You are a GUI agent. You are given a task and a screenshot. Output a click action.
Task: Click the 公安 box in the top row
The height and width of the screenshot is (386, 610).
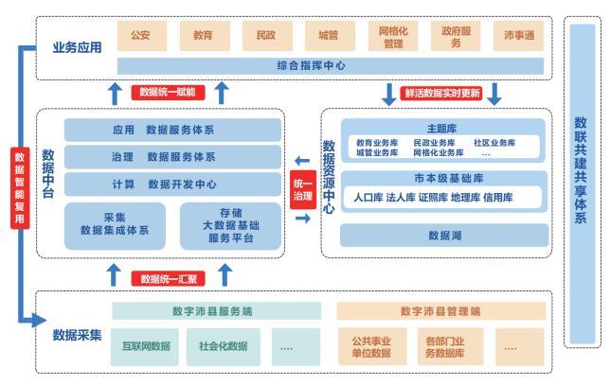pos(140,36)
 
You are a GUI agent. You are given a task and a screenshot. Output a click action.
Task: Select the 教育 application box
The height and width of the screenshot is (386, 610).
pos(203,36)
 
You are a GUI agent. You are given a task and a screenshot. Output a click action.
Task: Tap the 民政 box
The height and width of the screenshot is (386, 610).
pos(265,36)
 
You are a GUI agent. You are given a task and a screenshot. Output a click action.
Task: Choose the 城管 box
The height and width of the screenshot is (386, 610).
pos(328,36)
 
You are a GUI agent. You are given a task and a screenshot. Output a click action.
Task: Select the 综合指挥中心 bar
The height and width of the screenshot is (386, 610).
pos(330,66)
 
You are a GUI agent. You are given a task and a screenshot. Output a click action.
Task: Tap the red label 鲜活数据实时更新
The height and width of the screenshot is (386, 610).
pos(441,93)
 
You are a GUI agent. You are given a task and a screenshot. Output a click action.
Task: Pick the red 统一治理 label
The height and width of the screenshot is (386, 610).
pos(301,190)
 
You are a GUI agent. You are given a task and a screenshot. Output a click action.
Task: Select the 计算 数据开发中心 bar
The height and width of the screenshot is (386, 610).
pos(173,184)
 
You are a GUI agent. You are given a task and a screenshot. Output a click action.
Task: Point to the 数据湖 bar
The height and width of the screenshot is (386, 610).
pos(443,235)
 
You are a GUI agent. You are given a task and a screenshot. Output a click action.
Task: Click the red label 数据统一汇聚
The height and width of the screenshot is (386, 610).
pos(170,278)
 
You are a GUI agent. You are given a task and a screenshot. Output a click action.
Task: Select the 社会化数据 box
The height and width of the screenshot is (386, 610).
pos(224,346)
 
